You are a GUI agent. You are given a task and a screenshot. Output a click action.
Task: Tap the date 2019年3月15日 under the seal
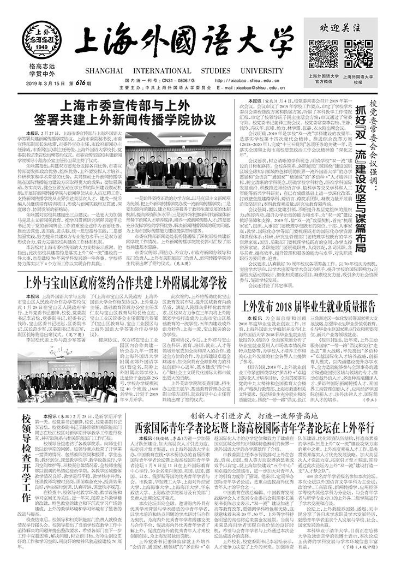[x=42, y=82]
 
